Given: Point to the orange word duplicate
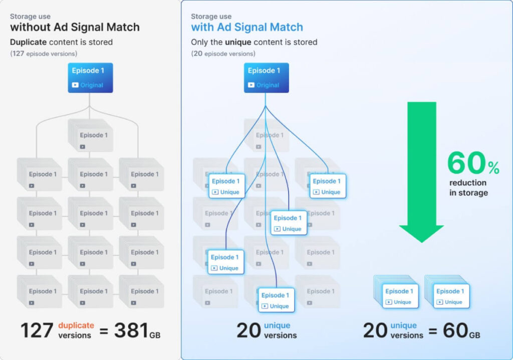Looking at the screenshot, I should click(76, 325).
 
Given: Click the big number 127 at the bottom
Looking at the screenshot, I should click(37, 331).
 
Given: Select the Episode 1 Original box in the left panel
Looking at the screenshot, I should click(91, 78).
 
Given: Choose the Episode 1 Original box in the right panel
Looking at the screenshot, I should click(267, 78).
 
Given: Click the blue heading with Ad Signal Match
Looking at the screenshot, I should click(247, 27).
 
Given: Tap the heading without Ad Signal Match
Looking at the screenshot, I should click(75, 27).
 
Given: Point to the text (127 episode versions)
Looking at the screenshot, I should click(44, 54).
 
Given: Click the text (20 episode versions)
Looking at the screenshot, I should click(223, 54).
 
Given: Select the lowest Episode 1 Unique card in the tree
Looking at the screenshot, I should click(276, 300).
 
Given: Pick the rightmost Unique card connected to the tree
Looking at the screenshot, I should click(328, 186).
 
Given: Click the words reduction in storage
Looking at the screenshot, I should click(468, 188).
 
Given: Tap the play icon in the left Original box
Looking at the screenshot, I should click(75, 85).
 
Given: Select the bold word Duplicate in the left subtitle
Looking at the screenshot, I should click(29, 42).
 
